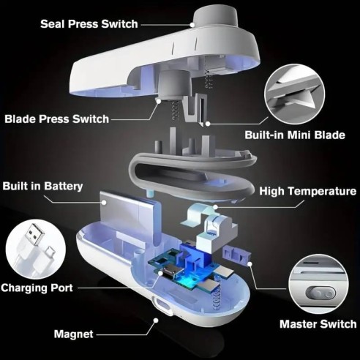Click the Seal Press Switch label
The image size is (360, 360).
89,24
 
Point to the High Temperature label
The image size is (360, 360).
308,191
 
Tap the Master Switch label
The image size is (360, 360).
318,323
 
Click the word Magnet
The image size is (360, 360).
73,334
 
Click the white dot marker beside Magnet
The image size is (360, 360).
155,320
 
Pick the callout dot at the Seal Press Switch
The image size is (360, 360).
192,24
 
